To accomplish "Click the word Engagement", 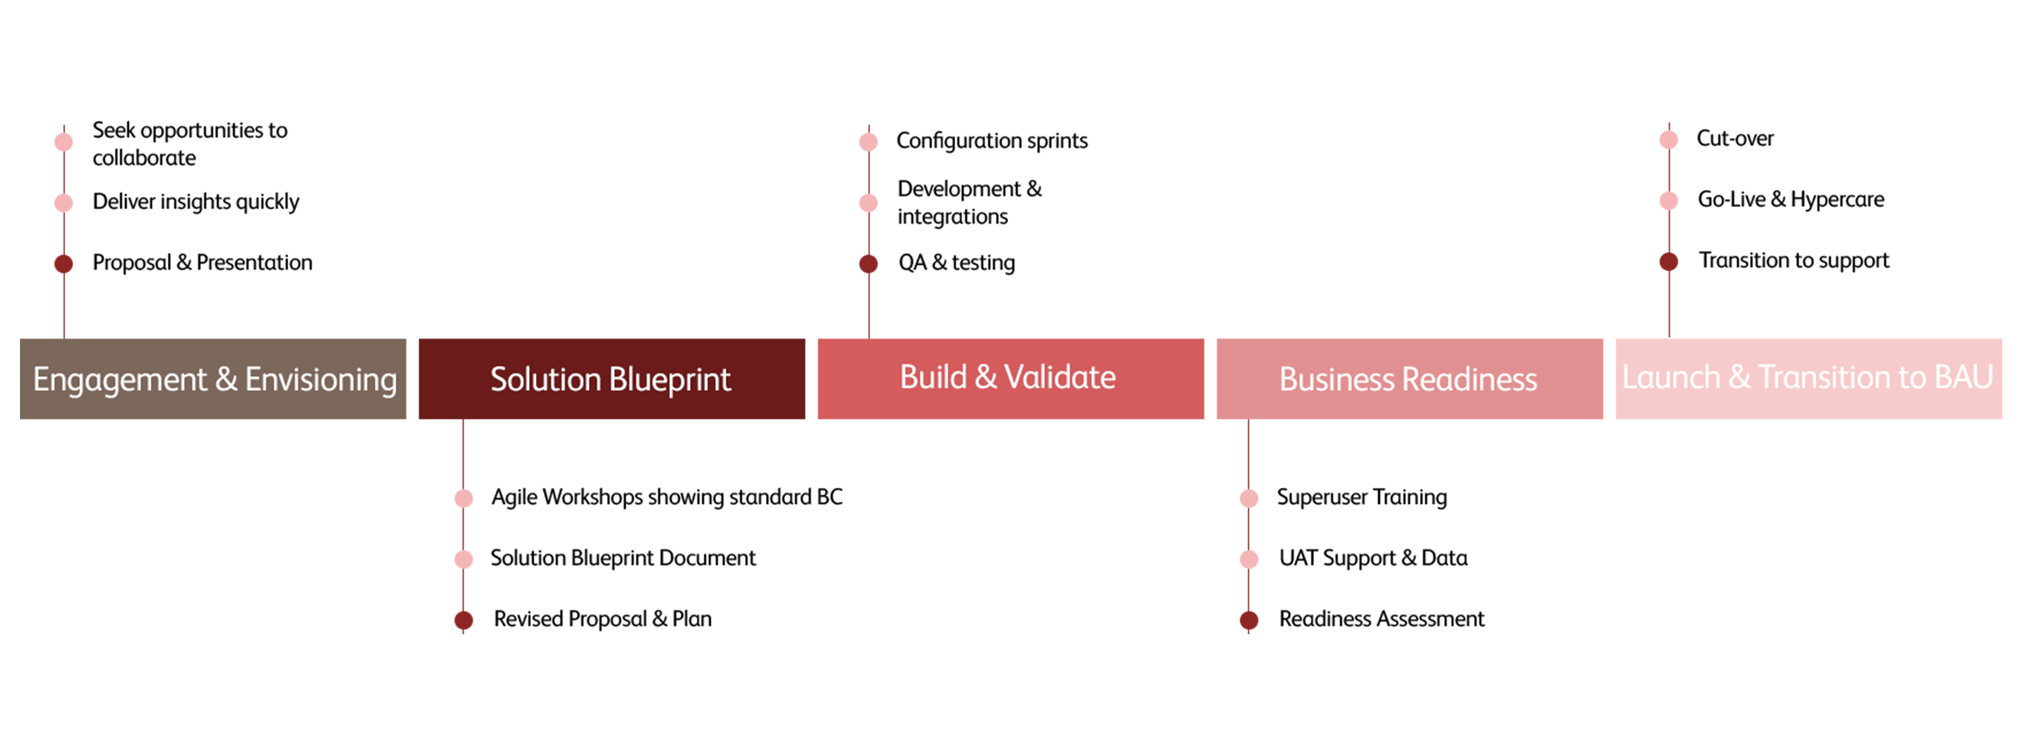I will point(120,381).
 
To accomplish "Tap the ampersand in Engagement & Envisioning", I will point(226,379).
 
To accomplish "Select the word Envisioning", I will point(320,381).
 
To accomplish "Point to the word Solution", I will point(546,380).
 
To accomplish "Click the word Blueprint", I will point(671,381).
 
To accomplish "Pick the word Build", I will point(933,378).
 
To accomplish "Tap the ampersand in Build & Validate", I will point(986,378).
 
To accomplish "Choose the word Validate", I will point(1060,378).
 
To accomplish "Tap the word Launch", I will point(1670,378).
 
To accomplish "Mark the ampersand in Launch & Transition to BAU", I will point(1739,378).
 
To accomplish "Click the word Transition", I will point(1821,378).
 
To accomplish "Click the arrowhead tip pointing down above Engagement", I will point(64,336).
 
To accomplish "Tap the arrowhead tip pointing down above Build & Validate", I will point(869,336).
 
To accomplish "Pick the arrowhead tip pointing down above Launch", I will point(1669,336).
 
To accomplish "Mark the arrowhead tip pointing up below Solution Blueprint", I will point(463,422).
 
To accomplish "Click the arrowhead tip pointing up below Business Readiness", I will point(1248,422).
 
